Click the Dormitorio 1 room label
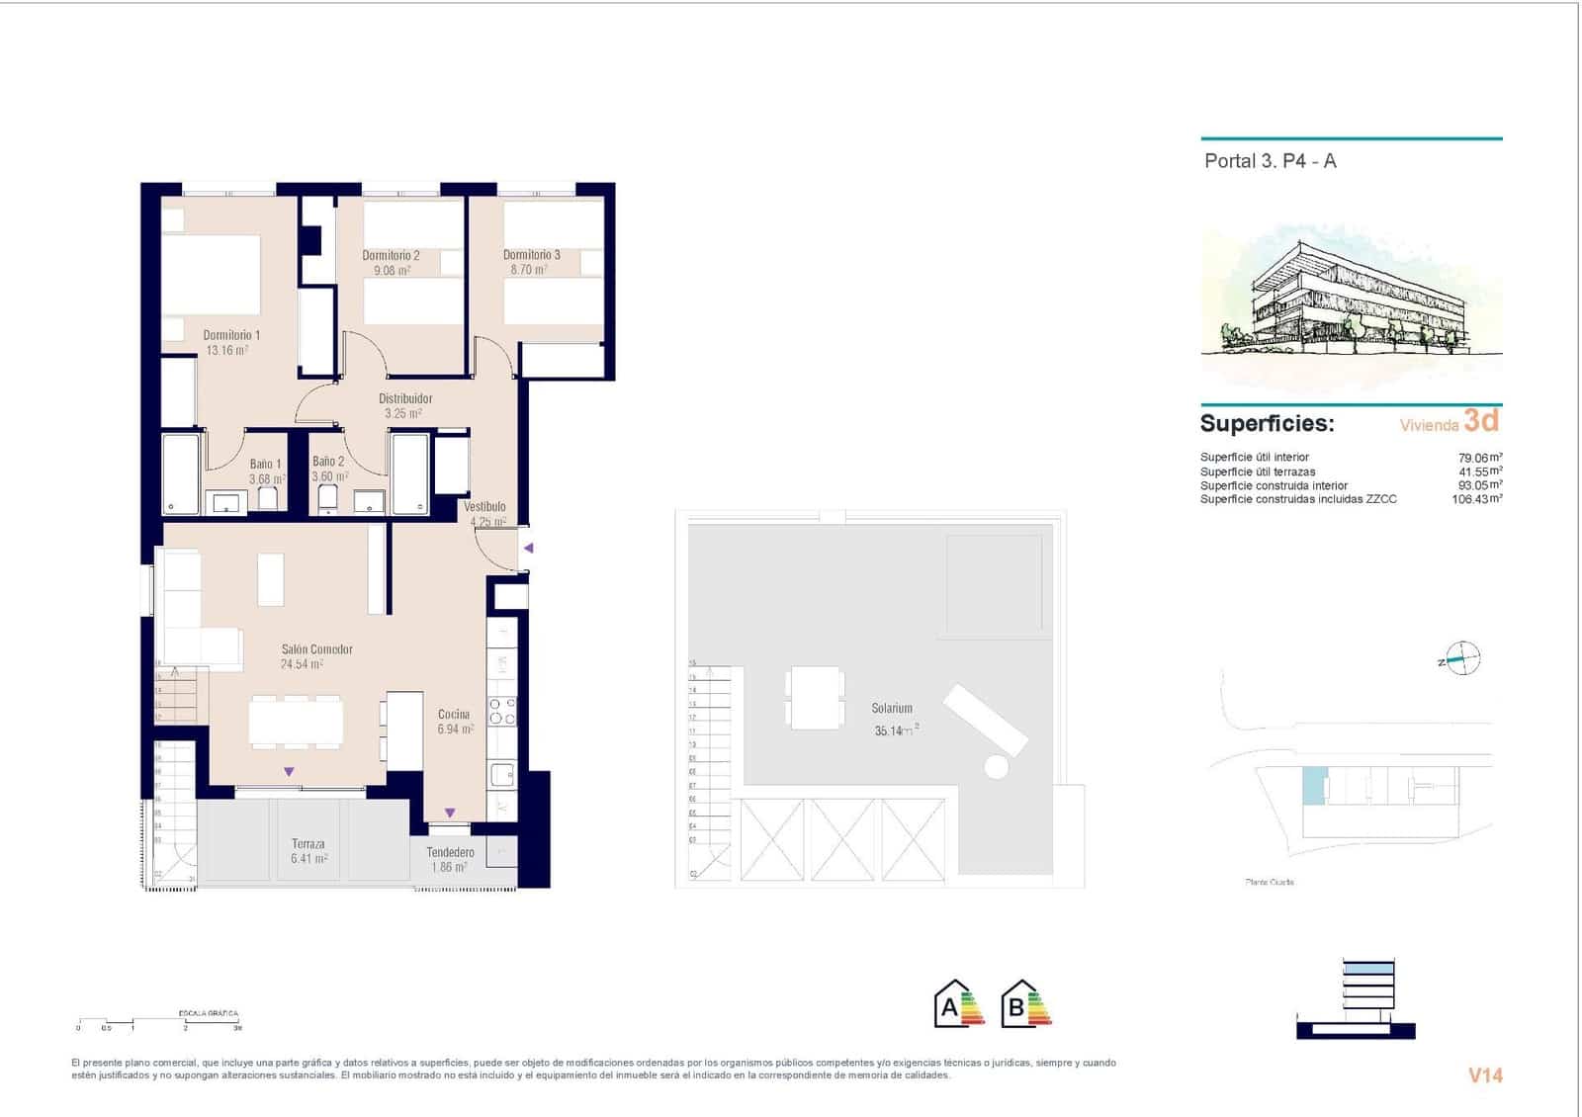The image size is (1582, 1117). click(231, 335)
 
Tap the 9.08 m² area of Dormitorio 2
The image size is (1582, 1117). click(392, 270)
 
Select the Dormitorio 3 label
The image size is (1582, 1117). click(531, 255)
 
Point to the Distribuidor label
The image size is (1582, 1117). click(405, 399)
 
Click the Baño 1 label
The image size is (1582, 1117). click(265, 464)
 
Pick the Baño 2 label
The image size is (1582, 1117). click(328, 462)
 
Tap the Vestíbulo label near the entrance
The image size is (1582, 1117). click(484, 507)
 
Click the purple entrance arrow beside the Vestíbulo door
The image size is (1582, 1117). click(529, 548)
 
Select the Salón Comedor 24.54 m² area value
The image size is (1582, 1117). click(302, 664)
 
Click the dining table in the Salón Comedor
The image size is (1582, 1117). click(296, 722)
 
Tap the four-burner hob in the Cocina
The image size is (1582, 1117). click(502, 712)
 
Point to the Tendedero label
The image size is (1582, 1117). click(450, 852)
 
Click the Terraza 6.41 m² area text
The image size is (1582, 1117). click(308, 859)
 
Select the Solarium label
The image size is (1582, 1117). click(892, 708)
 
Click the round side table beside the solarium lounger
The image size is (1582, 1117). click(996, 766)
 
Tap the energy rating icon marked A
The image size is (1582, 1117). click(957, 1004)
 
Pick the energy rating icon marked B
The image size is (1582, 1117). click(1024, 1004)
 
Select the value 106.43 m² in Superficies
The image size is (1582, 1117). click(1476, 499)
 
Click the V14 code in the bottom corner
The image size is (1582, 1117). click(1484, 1075)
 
